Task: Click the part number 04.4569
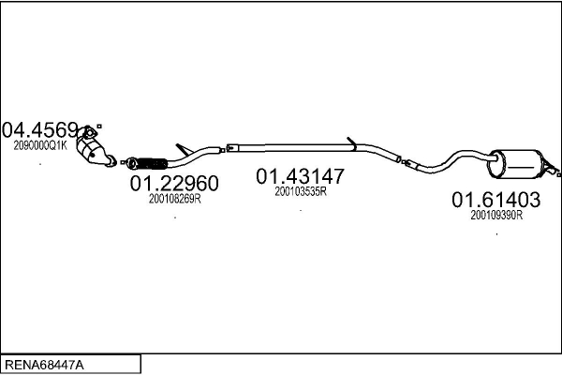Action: point(39,130)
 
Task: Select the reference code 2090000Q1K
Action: point(40,145)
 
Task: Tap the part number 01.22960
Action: point(174,184)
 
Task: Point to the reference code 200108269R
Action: point(174,199)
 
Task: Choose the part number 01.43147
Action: point(300,176)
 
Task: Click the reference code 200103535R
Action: point(301,191)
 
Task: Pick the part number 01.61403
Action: point(495,200)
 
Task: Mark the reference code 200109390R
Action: point(496,216)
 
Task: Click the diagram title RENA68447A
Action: point(44,366)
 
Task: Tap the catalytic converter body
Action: point(90,152)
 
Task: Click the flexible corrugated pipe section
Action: point(153,164)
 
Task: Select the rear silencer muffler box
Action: point(516,164)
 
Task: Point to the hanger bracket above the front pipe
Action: point(184,149)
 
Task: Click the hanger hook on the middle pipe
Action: point(351,143)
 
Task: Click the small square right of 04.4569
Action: point(99,127)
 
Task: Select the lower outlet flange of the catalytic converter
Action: point(111,161)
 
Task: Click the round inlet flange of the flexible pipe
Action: point(131,163)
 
